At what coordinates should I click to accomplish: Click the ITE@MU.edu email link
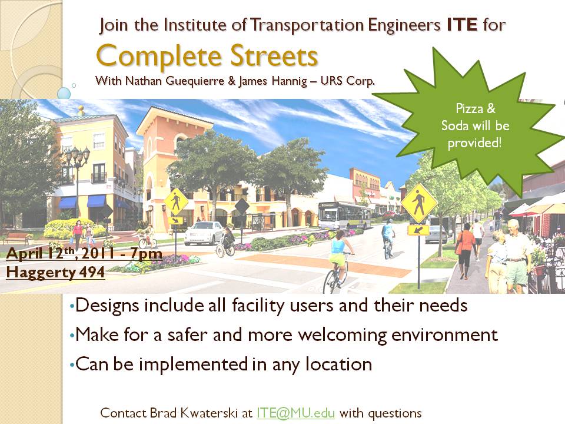[x=295, y=413]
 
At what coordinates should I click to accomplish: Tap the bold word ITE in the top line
[x=463, y=25]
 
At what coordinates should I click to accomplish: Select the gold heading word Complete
[x=158, y=57]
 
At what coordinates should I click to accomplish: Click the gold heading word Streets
[x=274, y=57]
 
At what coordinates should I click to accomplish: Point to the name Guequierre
[x=195, y=81]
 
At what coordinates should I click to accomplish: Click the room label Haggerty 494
[x=55, y=272]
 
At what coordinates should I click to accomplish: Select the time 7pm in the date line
[x=147, y=254]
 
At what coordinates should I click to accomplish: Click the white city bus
[x=344, y=216]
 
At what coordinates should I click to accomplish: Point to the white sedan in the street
[x=204, y=233]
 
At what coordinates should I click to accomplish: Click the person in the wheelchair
[x=225, y=242]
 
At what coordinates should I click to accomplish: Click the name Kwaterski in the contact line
[x=210, y=413]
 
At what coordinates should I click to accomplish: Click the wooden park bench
[x=16, y=238]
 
